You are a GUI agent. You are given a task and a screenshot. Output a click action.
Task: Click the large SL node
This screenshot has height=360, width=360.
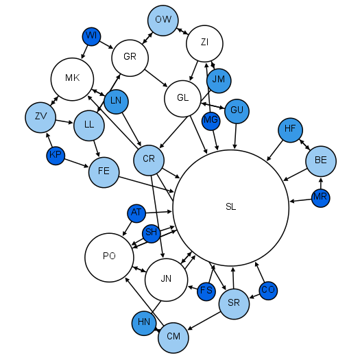(x=230, y=208)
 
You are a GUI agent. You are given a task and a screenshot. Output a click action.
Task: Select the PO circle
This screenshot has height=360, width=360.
(x=109, y=257)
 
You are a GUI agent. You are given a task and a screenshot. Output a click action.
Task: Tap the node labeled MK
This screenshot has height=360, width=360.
(x=73, y=78)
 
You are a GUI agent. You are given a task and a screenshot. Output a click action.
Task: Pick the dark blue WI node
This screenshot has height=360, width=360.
(x=91, y=36)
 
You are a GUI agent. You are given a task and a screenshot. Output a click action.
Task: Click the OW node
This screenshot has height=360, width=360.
(x=163, y=20)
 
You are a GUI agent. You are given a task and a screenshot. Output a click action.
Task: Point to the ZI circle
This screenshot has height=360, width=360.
(x=204, y=43)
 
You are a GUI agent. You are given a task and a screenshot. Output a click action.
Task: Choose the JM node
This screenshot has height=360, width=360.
(x=219, y=80)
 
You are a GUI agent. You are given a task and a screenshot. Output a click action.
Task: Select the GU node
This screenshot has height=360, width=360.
(x=237, y=110)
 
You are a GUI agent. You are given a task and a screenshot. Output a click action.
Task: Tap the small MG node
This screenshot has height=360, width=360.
(x=211, y=121)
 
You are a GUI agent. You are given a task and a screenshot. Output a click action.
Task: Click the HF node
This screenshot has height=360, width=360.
(x=290, y=129)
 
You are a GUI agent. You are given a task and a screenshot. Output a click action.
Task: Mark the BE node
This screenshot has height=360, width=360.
(x=320, y=160)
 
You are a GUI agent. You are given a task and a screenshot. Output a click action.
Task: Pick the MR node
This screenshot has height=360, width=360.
(x=320, y=197)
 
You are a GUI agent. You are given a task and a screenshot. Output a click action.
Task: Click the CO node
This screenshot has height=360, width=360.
(x=268, y=290)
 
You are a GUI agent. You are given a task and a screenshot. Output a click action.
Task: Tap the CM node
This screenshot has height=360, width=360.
(x=173, y=337)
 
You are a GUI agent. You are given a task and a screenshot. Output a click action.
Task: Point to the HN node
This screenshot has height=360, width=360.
(x=144, y=322)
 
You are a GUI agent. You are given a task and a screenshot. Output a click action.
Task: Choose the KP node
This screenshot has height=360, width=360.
(x=56, y=156)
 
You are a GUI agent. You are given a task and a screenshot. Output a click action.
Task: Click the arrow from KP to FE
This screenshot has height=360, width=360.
(x=77, y=163)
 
